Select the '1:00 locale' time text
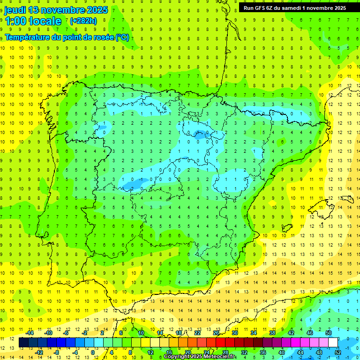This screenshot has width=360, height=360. click(33, 21)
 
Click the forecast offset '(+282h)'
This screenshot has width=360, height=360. click(83, 21)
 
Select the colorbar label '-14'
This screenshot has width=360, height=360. click(30, 333)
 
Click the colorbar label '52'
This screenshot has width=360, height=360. click(338, 352)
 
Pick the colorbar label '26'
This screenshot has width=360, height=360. click(216, 333)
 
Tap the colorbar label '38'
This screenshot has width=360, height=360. click(272, 333)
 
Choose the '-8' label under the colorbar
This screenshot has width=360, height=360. click(57, 352)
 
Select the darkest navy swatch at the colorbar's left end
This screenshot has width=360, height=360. click(23, 343)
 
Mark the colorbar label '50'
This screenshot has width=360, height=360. click(329, 333)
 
